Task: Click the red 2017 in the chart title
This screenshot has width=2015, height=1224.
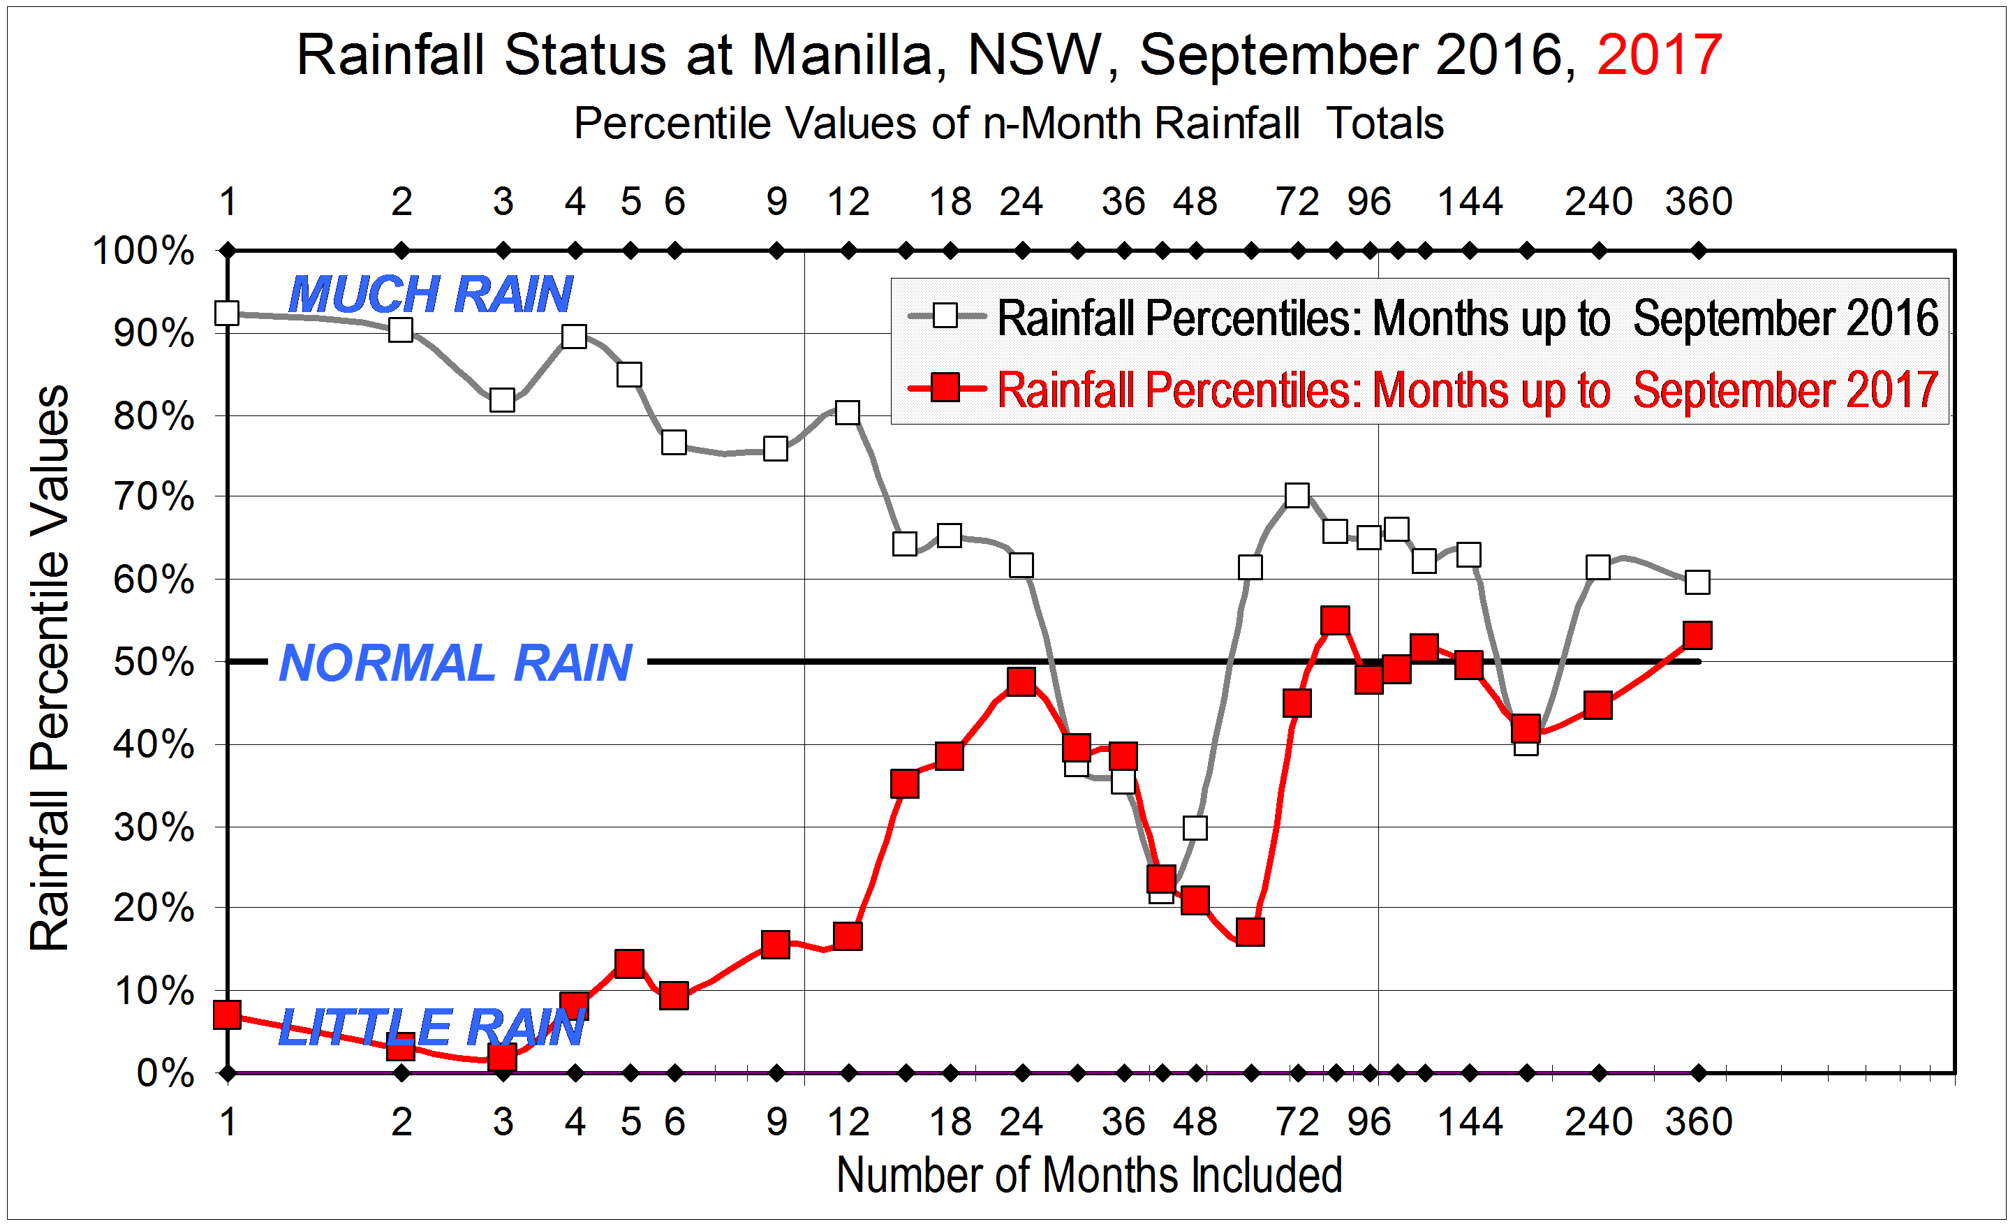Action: (1658, 56)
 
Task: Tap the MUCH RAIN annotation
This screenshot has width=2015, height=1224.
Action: (430, 295)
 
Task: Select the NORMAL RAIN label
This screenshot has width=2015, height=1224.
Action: (455, 663)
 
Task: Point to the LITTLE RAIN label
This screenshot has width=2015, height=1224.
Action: (431, 1027)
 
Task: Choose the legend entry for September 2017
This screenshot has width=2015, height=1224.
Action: (1423, 389)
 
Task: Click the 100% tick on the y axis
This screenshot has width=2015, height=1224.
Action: (144, 251)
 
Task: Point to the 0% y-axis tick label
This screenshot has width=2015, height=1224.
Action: (165, 1074)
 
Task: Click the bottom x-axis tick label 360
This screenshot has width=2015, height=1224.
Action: (1699, 1122)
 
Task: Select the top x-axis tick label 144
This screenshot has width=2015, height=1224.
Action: (1470, 202)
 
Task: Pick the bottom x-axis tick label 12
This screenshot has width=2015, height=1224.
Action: (848, 1122)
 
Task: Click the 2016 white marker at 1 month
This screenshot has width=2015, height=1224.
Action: (228, 313)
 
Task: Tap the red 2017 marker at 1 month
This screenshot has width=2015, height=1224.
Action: (228, 1015)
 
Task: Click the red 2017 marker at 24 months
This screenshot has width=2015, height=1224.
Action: (1021, 681)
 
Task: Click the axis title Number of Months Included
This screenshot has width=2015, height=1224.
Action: (1089, 1176)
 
